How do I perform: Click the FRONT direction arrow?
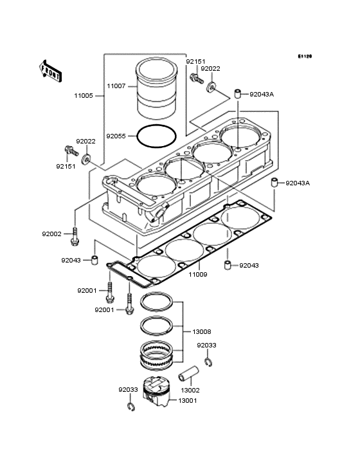[x=50, y=71]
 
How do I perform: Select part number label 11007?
[x=116, y=86]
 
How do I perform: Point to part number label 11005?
[x=84, y=96]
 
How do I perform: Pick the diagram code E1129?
[x=305, y=56]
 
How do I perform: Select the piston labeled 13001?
[x=156, y=391]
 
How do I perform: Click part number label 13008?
[x=202, y=331]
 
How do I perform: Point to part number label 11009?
[x=198, y=274]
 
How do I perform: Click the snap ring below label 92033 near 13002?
[x=209, y=362]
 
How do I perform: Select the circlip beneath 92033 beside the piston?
[x=130, y=407]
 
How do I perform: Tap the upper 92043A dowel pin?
[x=239, y=95]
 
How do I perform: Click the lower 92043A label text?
[x=297, y=183]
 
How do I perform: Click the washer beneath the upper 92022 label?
[x=212, y=87]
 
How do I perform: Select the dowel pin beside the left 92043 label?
[x=94, y=260]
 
